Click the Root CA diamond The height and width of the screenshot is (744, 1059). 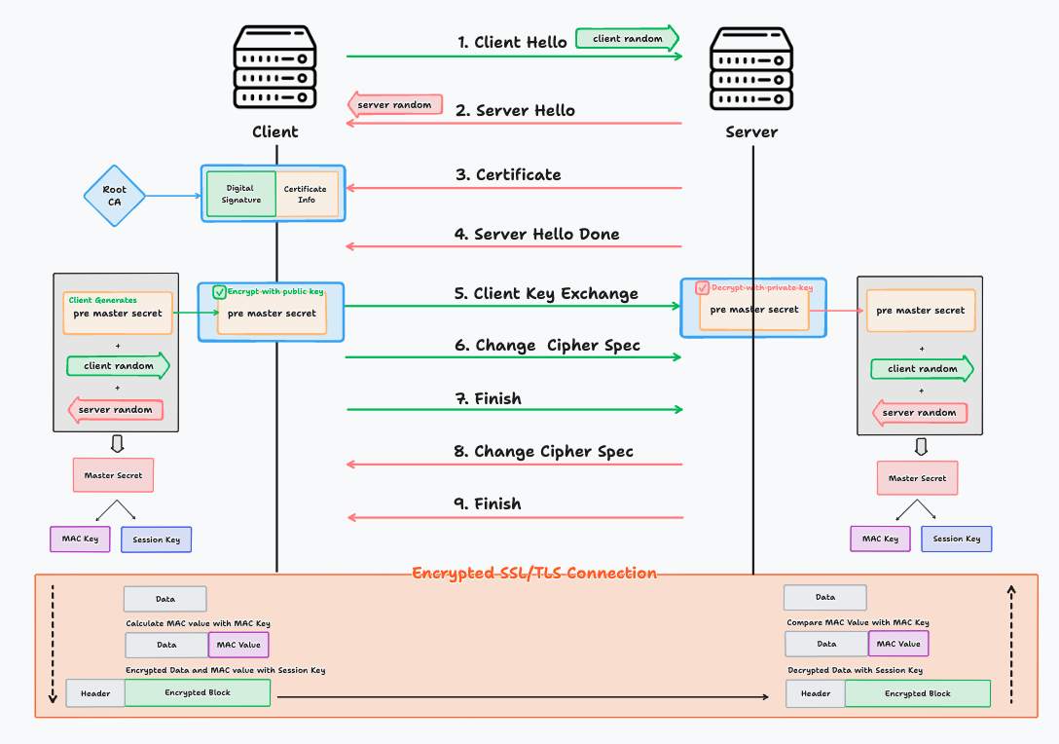pos(114,196)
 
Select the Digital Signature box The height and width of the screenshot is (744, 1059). pos(241,194)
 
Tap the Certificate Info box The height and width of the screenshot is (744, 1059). pos(307,194)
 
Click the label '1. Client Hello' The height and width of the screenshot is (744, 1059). pos(512,42)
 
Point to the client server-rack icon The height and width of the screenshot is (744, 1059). pos(275,67)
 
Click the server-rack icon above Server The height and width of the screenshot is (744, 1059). pos(751,67)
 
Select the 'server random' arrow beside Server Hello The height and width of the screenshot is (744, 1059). pos(395,104)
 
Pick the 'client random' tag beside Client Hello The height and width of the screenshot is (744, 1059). pos(627,39)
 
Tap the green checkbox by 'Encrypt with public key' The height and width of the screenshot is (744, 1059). pos(219,291)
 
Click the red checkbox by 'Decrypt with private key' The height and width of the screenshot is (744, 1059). pos(703,287)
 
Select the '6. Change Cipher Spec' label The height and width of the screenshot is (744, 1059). pos(548,345)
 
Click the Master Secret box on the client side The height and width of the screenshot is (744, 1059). pos(114,475)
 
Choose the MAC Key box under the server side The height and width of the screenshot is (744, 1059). pos(880,539)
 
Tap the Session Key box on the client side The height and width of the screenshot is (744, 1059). pos(156,539)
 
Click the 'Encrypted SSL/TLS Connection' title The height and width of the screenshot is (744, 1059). pos(534,573)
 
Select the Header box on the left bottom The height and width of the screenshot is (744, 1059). pos(95,693)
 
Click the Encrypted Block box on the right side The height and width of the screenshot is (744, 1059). pos(917,693)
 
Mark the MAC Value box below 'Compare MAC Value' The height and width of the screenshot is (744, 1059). pos(898,644)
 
